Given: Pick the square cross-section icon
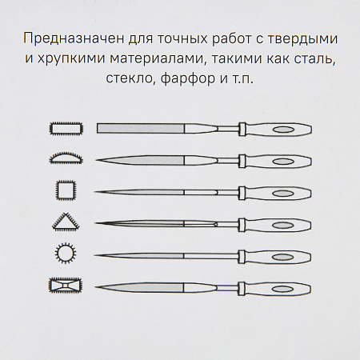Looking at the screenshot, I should coord(65,190).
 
